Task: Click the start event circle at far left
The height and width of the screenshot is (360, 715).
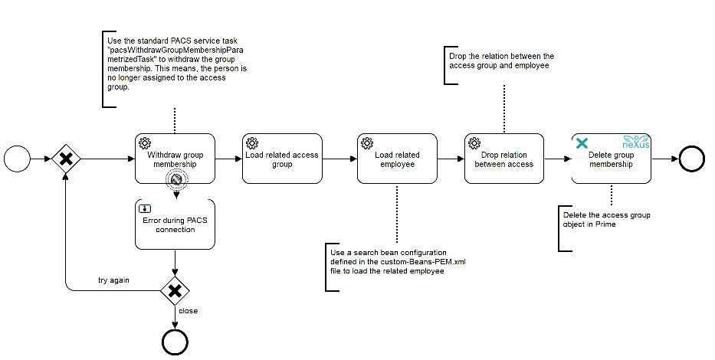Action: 16,159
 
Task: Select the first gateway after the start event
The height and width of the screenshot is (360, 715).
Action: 66,159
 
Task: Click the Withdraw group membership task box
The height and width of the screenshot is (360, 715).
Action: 175,159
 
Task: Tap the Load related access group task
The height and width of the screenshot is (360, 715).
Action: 281,159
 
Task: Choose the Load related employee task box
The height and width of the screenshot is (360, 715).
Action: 397,159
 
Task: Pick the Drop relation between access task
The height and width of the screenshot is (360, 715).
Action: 503,159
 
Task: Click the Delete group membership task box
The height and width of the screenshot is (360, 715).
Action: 611,159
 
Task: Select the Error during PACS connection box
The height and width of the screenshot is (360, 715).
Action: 175,224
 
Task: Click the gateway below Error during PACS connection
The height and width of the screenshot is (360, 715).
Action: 175,290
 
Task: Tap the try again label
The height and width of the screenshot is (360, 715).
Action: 113,280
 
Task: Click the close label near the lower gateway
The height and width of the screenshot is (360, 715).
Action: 189,311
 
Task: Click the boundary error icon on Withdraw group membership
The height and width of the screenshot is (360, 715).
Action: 175,181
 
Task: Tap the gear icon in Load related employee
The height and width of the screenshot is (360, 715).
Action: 367,143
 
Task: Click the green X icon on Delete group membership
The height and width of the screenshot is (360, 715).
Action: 582,143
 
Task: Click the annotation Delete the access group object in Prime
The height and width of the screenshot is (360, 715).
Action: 606,220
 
